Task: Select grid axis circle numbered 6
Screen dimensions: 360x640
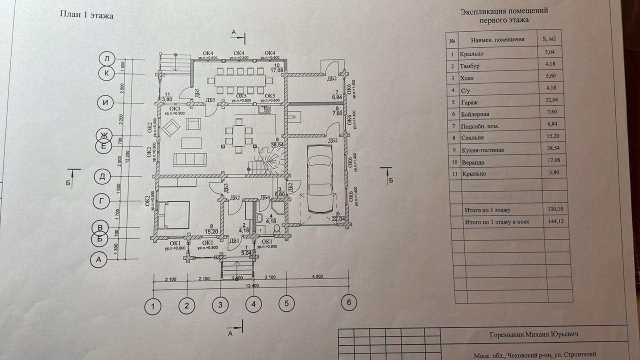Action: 349,302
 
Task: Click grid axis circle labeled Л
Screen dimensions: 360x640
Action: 107,59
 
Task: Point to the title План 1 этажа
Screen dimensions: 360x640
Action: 86,15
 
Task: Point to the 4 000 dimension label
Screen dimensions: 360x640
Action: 317,277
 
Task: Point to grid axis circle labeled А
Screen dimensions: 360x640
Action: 98,259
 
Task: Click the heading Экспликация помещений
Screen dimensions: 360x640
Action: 504,10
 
